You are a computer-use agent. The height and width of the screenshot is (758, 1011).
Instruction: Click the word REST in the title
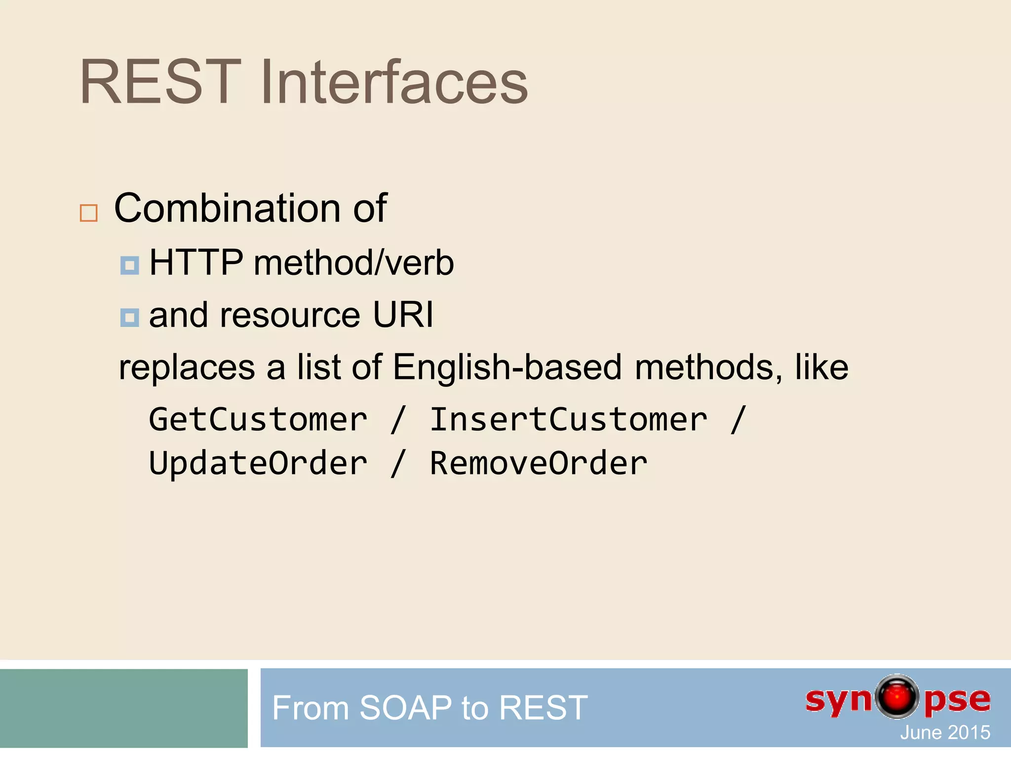160,82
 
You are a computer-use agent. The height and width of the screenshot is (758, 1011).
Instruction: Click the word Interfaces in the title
394,82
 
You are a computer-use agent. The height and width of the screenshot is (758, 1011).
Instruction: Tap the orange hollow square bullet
89,213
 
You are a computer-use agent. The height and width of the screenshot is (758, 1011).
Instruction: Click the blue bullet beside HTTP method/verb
130,265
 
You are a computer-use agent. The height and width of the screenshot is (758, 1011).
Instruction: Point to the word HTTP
196,263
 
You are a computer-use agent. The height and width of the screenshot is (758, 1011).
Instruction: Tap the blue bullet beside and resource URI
130,318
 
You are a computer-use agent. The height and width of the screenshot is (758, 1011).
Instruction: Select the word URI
403,315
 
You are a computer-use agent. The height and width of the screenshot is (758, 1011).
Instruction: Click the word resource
290,316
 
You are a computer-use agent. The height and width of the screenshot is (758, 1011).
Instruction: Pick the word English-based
507,368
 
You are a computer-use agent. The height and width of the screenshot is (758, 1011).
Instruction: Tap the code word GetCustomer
258,420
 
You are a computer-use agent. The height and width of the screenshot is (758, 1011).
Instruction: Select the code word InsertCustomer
568,420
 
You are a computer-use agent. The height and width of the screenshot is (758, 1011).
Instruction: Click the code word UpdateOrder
258,464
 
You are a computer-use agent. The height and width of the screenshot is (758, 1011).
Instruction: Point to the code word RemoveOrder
538,464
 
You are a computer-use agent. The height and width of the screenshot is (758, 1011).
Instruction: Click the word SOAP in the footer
405,708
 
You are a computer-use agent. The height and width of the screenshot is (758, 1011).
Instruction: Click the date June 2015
945,732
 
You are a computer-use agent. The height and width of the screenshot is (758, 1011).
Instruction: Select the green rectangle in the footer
123,708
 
